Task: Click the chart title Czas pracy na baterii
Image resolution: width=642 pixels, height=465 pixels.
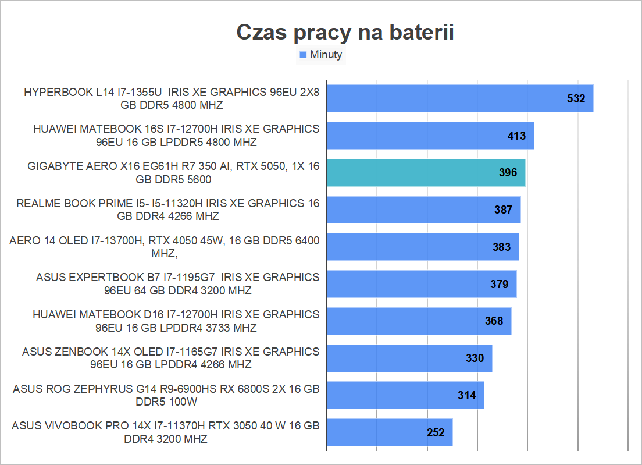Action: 345,33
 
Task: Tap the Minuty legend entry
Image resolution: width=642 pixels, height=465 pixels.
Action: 326,55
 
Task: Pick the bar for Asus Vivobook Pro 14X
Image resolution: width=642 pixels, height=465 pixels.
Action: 390,432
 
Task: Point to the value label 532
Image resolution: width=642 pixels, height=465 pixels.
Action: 576,98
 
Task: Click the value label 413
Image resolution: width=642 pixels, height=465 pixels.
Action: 516,136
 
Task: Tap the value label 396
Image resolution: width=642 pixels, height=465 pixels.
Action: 508,173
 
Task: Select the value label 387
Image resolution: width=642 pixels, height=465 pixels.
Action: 503,210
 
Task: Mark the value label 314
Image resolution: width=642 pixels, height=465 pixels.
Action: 466,396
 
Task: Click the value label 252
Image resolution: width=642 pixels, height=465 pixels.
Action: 435,432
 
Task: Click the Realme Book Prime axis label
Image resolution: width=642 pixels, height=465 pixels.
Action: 168,210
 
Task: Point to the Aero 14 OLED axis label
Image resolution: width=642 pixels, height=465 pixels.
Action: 165,247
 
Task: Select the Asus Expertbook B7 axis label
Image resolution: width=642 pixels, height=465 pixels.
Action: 177,284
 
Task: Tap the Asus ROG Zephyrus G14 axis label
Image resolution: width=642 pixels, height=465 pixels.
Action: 166,395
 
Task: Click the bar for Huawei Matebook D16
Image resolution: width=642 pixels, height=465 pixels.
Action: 419,321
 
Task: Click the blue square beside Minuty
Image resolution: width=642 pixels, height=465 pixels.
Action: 303,55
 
